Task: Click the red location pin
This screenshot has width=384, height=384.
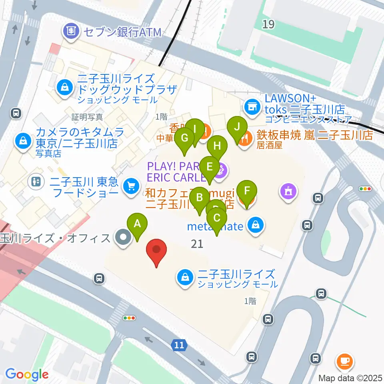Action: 157,251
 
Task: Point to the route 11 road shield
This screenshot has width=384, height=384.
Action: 180,345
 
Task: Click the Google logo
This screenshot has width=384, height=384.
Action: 27,374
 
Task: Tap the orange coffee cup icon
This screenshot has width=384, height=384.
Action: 344,361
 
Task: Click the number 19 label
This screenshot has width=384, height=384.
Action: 268,25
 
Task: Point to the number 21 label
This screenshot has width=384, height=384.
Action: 197,243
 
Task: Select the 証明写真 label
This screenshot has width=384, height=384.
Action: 87,117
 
